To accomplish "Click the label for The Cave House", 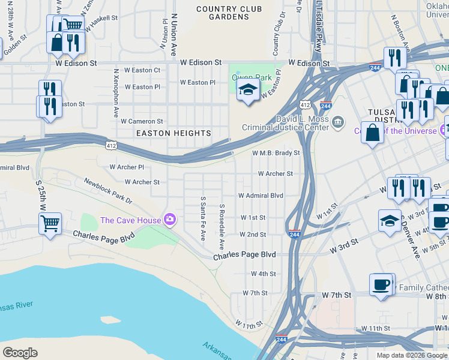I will [130, 220].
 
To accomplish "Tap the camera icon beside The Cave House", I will [170, 220].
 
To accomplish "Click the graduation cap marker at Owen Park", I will [247, 91].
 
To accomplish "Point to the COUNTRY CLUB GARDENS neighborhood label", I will [229, 13].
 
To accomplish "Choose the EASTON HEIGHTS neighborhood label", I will [173, 133].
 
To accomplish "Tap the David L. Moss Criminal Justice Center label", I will [285, 123].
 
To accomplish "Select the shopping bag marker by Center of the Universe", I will [372, 133].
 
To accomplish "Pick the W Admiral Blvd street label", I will [261, 196].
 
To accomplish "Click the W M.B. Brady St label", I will [276, 153].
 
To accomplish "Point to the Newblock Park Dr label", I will [109, 190].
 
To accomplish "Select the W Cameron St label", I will [142, 121].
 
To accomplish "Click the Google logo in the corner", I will [20, 352].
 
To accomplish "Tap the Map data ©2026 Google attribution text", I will [412, 355].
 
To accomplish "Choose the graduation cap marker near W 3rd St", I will [390, 220].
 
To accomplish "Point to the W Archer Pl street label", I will [127, 167].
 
